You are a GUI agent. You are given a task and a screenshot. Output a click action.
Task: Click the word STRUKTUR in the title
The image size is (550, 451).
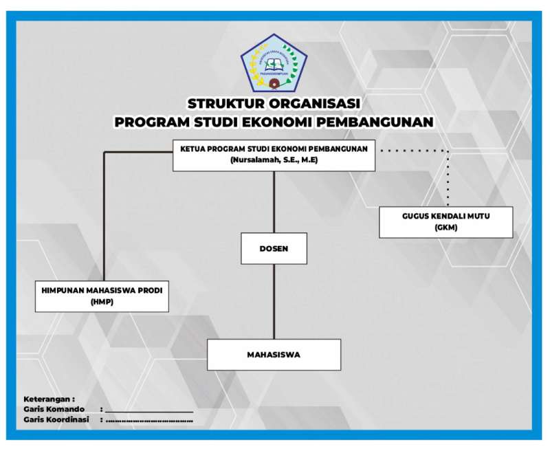coord(225,104)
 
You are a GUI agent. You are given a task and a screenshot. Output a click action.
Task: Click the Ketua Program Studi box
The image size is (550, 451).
coord(274,155)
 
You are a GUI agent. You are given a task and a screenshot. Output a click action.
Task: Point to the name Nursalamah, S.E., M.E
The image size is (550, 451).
coord(274,160)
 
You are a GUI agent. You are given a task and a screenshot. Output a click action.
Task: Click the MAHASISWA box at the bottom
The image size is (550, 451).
coord(274,355)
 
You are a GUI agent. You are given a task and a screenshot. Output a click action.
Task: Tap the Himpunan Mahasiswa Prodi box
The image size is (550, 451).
coord(102,296)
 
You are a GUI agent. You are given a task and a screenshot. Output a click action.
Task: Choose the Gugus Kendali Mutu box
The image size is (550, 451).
coord(445,221)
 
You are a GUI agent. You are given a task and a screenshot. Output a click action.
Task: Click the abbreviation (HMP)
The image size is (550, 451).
coord(102,302)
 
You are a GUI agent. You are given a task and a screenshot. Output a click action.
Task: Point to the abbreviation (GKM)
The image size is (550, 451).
coord(445,228)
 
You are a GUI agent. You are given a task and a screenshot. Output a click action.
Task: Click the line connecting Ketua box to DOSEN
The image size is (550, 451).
coord(274,202)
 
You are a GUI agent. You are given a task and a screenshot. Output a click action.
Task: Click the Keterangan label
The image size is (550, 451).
coord(49,399)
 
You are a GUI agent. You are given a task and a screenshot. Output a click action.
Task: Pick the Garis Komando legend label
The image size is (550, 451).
coord(54,409)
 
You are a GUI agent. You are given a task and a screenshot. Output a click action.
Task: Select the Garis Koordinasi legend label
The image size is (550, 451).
coord(56,419)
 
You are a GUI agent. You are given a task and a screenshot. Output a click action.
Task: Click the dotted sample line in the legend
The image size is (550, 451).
coord(149,420)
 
